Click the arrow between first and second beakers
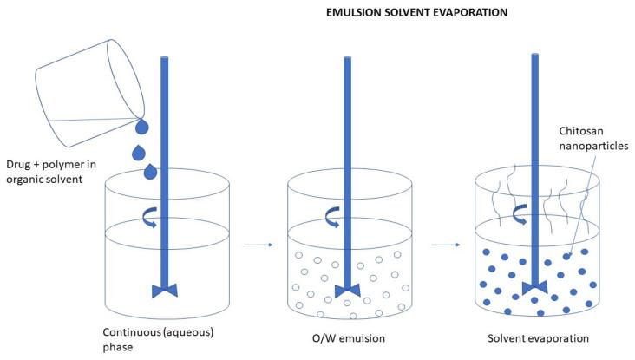tap(258, 245)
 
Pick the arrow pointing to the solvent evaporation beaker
tap(444, 245)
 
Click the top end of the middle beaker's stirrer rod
tap(347, 60)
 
